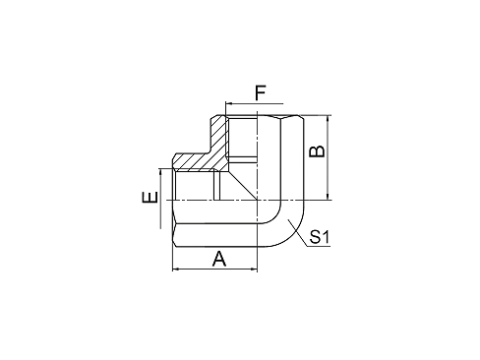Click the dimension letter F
coord(260,93)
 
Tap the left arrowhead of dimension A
coord(176,268)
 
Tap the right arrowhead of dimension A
coord(255,268)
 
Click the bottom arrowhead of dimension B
coord(329,197)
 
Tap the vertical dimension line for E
coord(159,202)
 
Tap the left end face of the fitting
coord(173,202)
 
